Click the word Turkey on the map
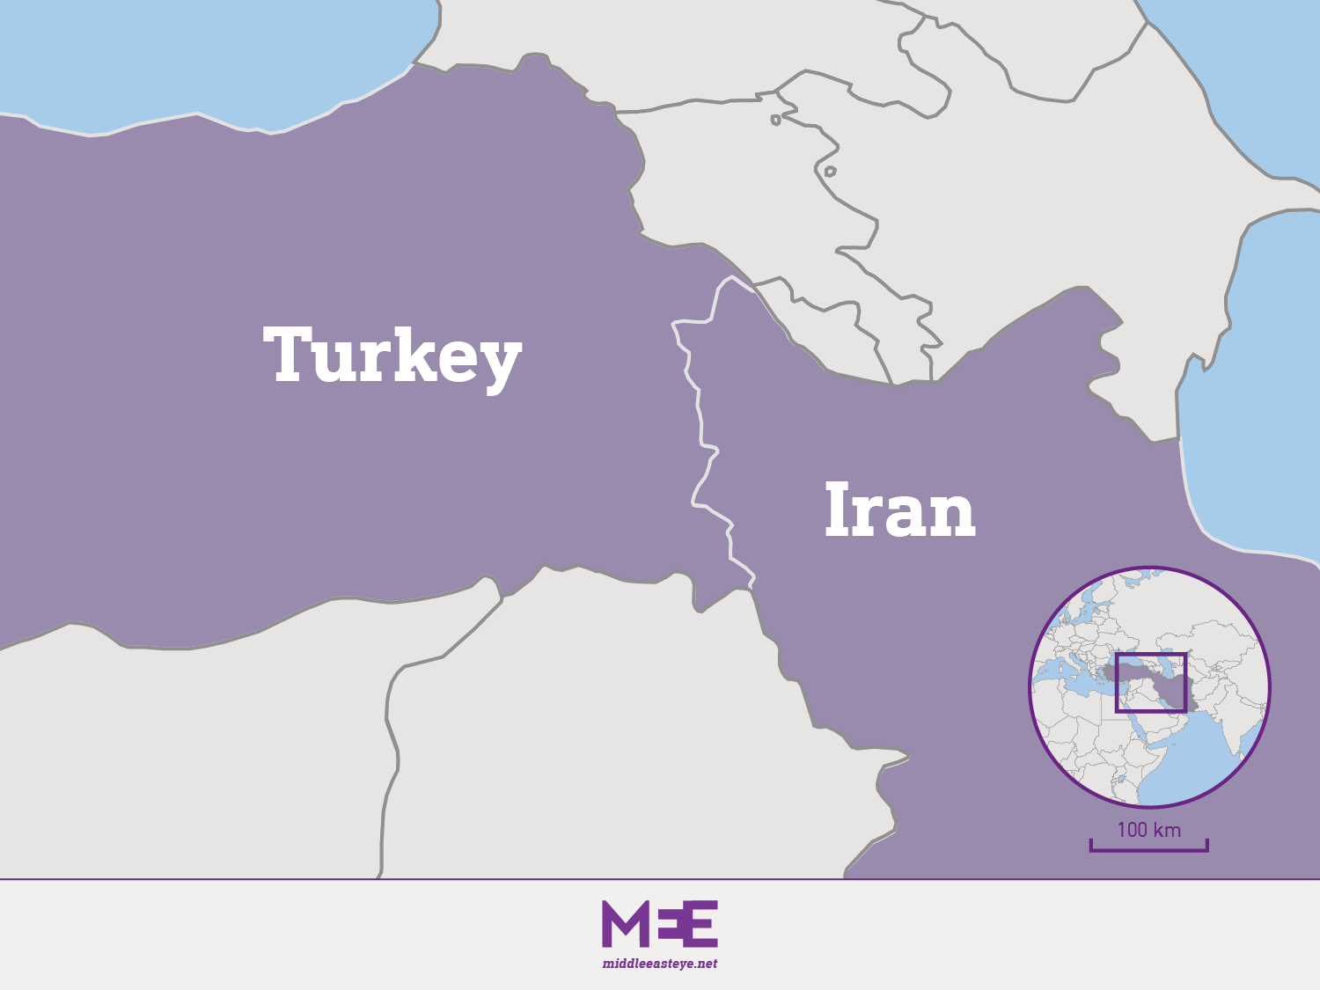(x=392, y=356)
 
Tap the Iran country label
(x=899, y=510)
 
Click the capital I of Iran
(x=837, y=510)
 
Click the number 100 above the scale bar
(x=1133, y=830)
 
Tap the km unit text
(x=1167, y=830)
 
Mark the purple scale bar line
(x=1148, y=850)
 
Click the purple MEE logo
(x=660, y=924)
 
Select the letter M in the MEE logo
(x=623, y=924)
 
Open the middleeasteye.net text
(x=660, y=964)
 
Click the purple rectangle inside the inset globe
(x=1151, y=683)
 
